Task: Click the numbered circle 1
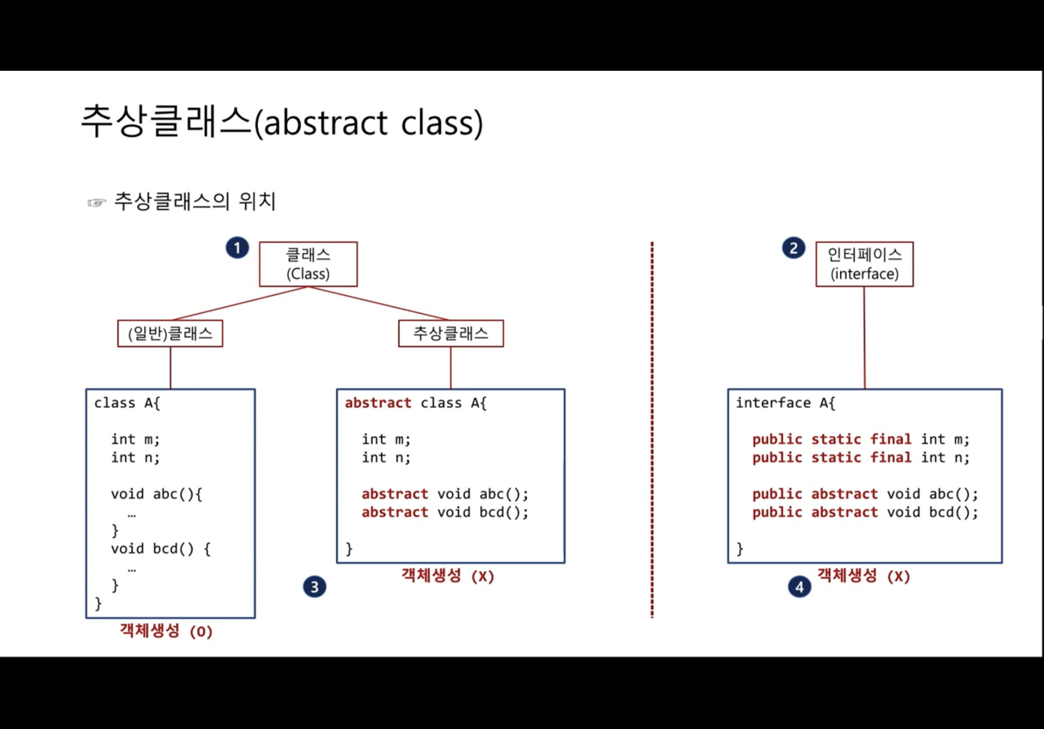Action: [237, 248]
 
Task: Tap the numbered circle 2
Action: [793, 248]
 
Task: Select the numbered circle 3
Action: [314, 587]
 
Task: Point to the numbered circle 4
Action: [799, 587]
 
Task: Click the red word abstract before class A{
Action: [378, 403]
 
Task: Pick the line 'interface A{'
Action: [785, 403]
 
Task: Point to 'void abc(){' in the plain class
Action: [157, 494]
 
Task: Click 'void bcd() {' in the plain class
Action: [160, 548]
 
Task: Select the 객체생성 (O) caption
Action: [166, 631]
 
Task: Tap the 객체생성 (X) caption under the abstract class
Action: [447, 576]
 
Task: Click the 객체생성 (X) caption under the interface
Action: [863, 576]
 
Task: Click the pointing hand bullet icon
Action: [97, 203]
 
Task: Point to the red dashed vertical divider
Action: [652, 430]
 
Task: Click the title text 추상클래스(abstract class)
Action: [282, 121]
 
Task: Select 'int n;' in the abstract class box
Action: [386, 458]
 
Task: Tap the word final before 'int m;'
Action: [891, 439]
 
